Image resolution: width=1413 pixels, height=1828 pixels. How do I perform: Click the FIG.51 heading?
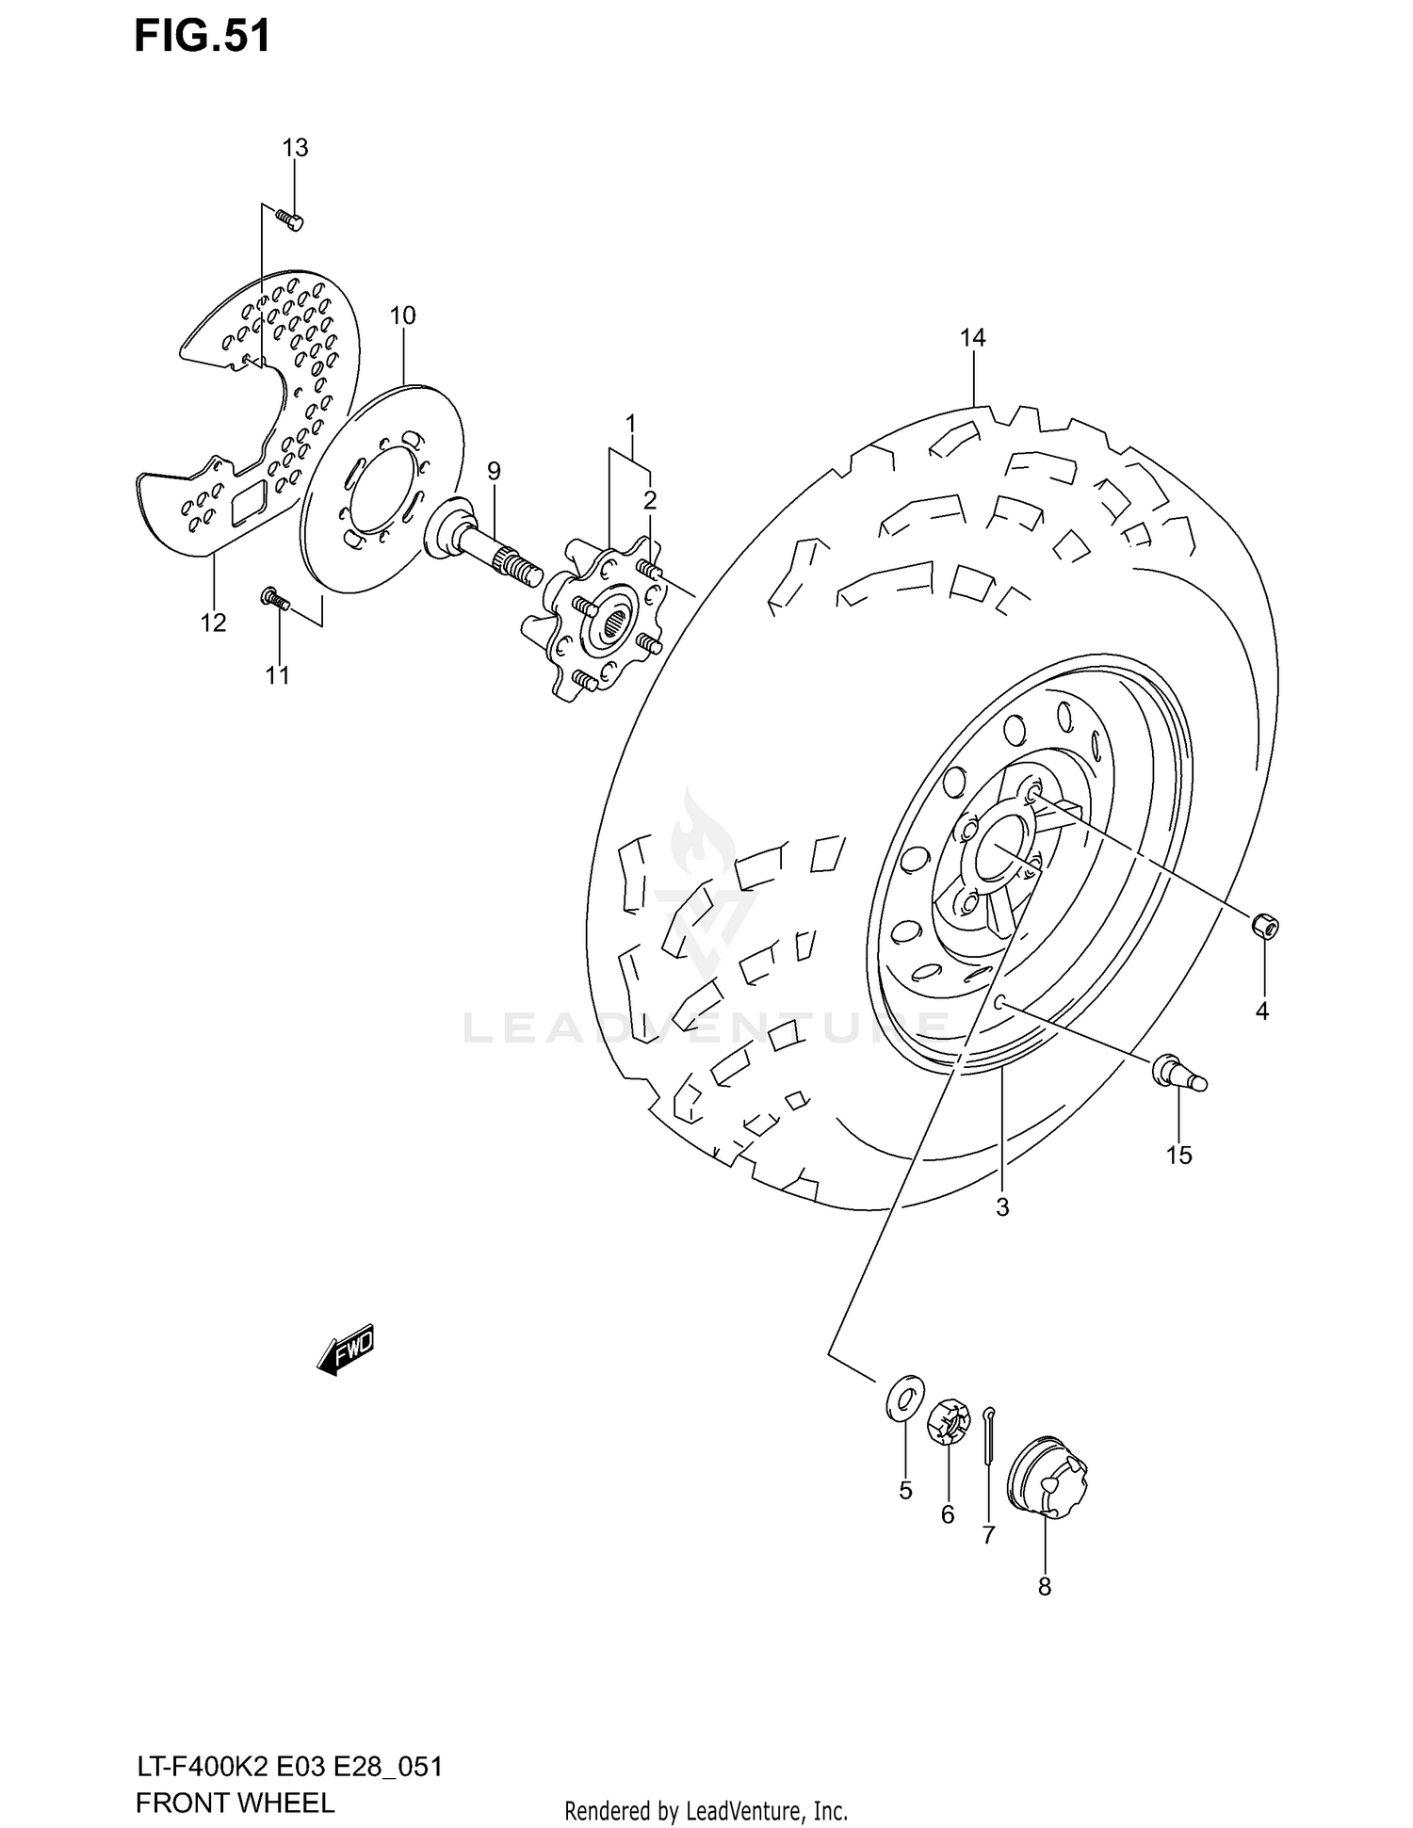202,36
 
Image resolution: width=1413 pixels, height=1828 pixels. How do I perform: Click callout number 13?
295,148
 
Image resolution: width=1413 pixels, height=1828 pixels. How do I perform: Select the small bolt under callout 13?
289,218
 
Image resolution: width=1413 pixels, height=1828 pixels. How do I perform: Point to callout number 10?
402,315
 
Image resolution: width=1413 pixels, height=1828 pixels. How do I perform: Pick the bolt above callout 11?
274,598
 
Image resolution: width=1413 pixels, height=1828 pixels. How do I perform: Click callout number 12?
214,623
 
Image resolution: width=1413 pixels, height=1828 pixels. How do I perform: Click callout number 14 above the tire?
972,337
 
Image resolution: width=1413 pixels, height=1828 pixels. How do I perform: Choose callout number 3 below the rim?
1002,1206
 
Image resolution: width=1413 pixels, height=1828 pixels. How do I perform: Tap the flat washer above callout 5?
904,1397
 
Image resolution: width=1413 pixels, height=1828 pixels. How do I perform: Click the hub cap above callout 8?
1047,1477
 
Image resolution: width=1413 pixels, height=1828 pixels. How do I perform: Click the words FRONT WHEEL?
235,1803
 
